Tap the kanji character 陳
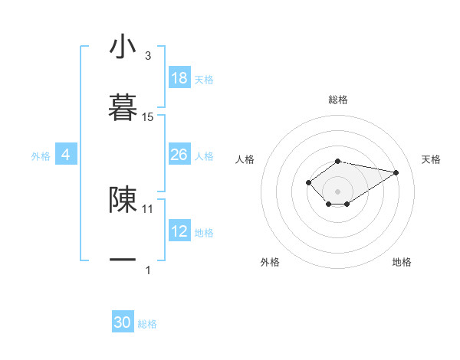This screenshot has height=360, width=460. click(x=123, y=198)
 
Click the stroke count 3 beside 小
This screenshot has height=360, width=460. click(x=148, y=56)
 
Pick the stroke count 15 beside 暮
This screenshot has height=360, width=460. click(x=148, y=117)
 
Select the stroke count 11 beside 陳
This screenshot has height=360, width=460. click(x=148, y=208)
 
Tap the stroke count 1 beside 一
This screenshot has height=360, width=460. click(x=148, y=270)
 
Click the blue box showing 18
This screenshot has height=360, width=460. click(x=179, y=78)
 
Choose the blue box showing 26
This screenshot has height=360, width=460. click(x=179, y=155)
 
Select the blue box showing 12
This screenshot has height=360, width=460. click(x=179, y=231)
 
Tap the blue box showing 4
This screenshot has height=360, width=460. click(x=66, y=155)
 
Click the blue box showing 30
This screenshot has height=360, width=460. click(x=123, y=322)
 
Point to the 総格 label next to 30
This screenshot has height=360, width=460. click(x=147, y=324)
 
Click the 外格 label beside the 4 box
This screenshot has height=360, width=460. click(x=41, y=156)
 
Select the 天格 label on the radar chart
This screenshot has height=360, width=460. click(x=432, y=159)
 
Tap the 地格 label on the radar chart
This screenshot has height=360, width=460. click(x=402, y=262)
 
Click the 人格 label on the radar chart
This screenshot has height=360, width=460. click(x=245, y=159)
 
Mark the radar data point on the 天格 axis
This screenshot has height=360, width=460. click(x=396, y=172)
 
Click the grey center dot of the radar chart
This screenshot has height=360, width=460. click(x=337, y=191)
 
